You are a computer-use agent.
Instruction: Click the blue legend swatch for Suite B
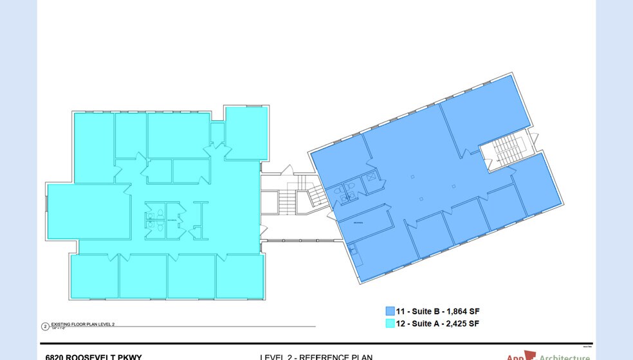pyautogui.click(x=390, y=310)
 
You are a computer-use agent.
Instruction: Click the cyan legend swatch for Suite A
pyautogui.click(x=390, y=324)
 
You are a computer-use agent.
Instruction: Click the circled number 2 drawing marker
pyautogui.click(x=45, y=327)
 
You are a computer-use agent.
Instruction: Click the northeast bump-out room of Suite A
pyautogui.click(x=246, y=133)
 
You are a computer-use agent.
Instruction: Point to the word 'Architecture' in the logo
pyautogui.click(x=564, y=357)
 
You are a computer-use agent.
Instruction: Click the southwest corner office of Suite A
pyautogui.click(x=94, y=276)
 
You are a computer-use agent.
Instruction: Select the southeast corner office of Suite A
pyautogui.click(x=239, y=276)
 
